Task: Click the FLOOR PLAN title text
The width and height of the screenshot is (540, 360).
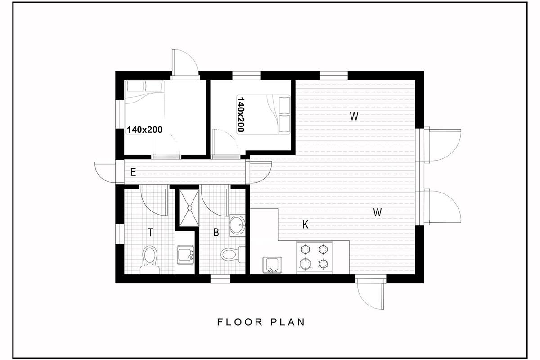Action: pos(261,322)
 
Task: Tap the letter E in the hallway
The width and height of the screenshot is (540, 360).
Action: pos(133,172)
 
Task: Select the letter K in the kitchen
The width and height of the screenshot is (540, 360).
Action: pos(305,225)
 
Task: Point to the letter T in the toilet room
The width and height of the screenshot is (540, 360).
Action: pos(151,233)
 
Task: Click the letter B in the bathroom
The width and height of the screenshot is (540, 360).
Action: pos(216,233)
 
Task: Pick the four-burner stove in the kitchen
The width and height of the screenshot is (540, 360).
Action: pos(315,257)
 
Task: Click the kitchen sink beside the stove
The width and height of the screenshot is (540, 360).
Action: pos(272,265)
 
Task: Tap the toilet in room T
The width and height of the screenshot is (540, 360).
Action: pos(150,260)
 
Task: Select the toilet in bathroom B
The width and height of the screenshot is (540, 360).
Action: pos(233,254)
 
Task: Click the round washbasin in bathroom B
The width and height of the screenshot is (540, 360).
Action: pos(238,225)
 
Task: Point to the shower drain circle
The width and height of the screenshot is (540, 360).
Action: pos(190,208)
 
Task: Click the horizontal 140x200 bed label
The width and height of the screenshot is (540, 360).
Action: pos(144,130)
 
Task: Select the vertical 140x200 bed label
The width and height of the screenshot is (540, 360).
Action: pos(241,115)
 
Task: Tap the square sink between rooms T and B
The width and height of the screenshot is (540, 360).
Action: pos(185,255)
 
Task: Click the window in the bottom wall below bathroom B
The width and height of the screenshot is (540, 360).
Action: pos(220,279)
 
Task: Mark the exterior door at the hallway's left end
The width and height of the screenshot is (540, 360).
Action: pos(106,172)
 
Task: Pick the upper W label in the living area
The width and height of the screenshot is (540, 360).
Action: pos(354,117)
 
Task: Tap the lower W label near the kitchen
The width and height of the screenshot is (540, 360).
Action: pos(378,212)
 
